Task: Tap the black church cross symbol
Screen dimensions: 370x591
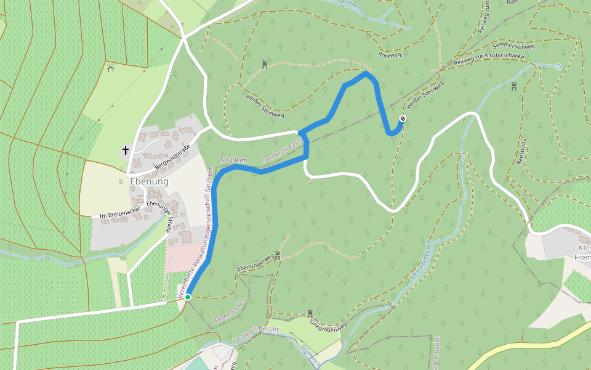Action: point(126,150)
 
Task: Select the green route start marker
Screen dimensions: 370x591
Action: point(188,297)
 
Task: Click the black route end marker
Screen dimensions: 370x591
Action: point(403,118)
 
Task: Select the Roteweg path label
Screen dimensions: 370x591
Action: point(390,55)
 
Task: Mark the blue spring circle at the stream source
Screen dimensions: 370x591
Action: point(558,66)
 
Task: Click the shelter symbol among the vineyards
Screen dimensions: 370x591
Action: point(111,67)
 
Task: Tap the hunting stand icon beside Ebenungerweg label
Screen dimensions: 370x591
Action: point(278,255)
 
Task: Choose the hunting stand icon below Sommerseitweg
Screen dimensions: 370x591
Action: point(514,86)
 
